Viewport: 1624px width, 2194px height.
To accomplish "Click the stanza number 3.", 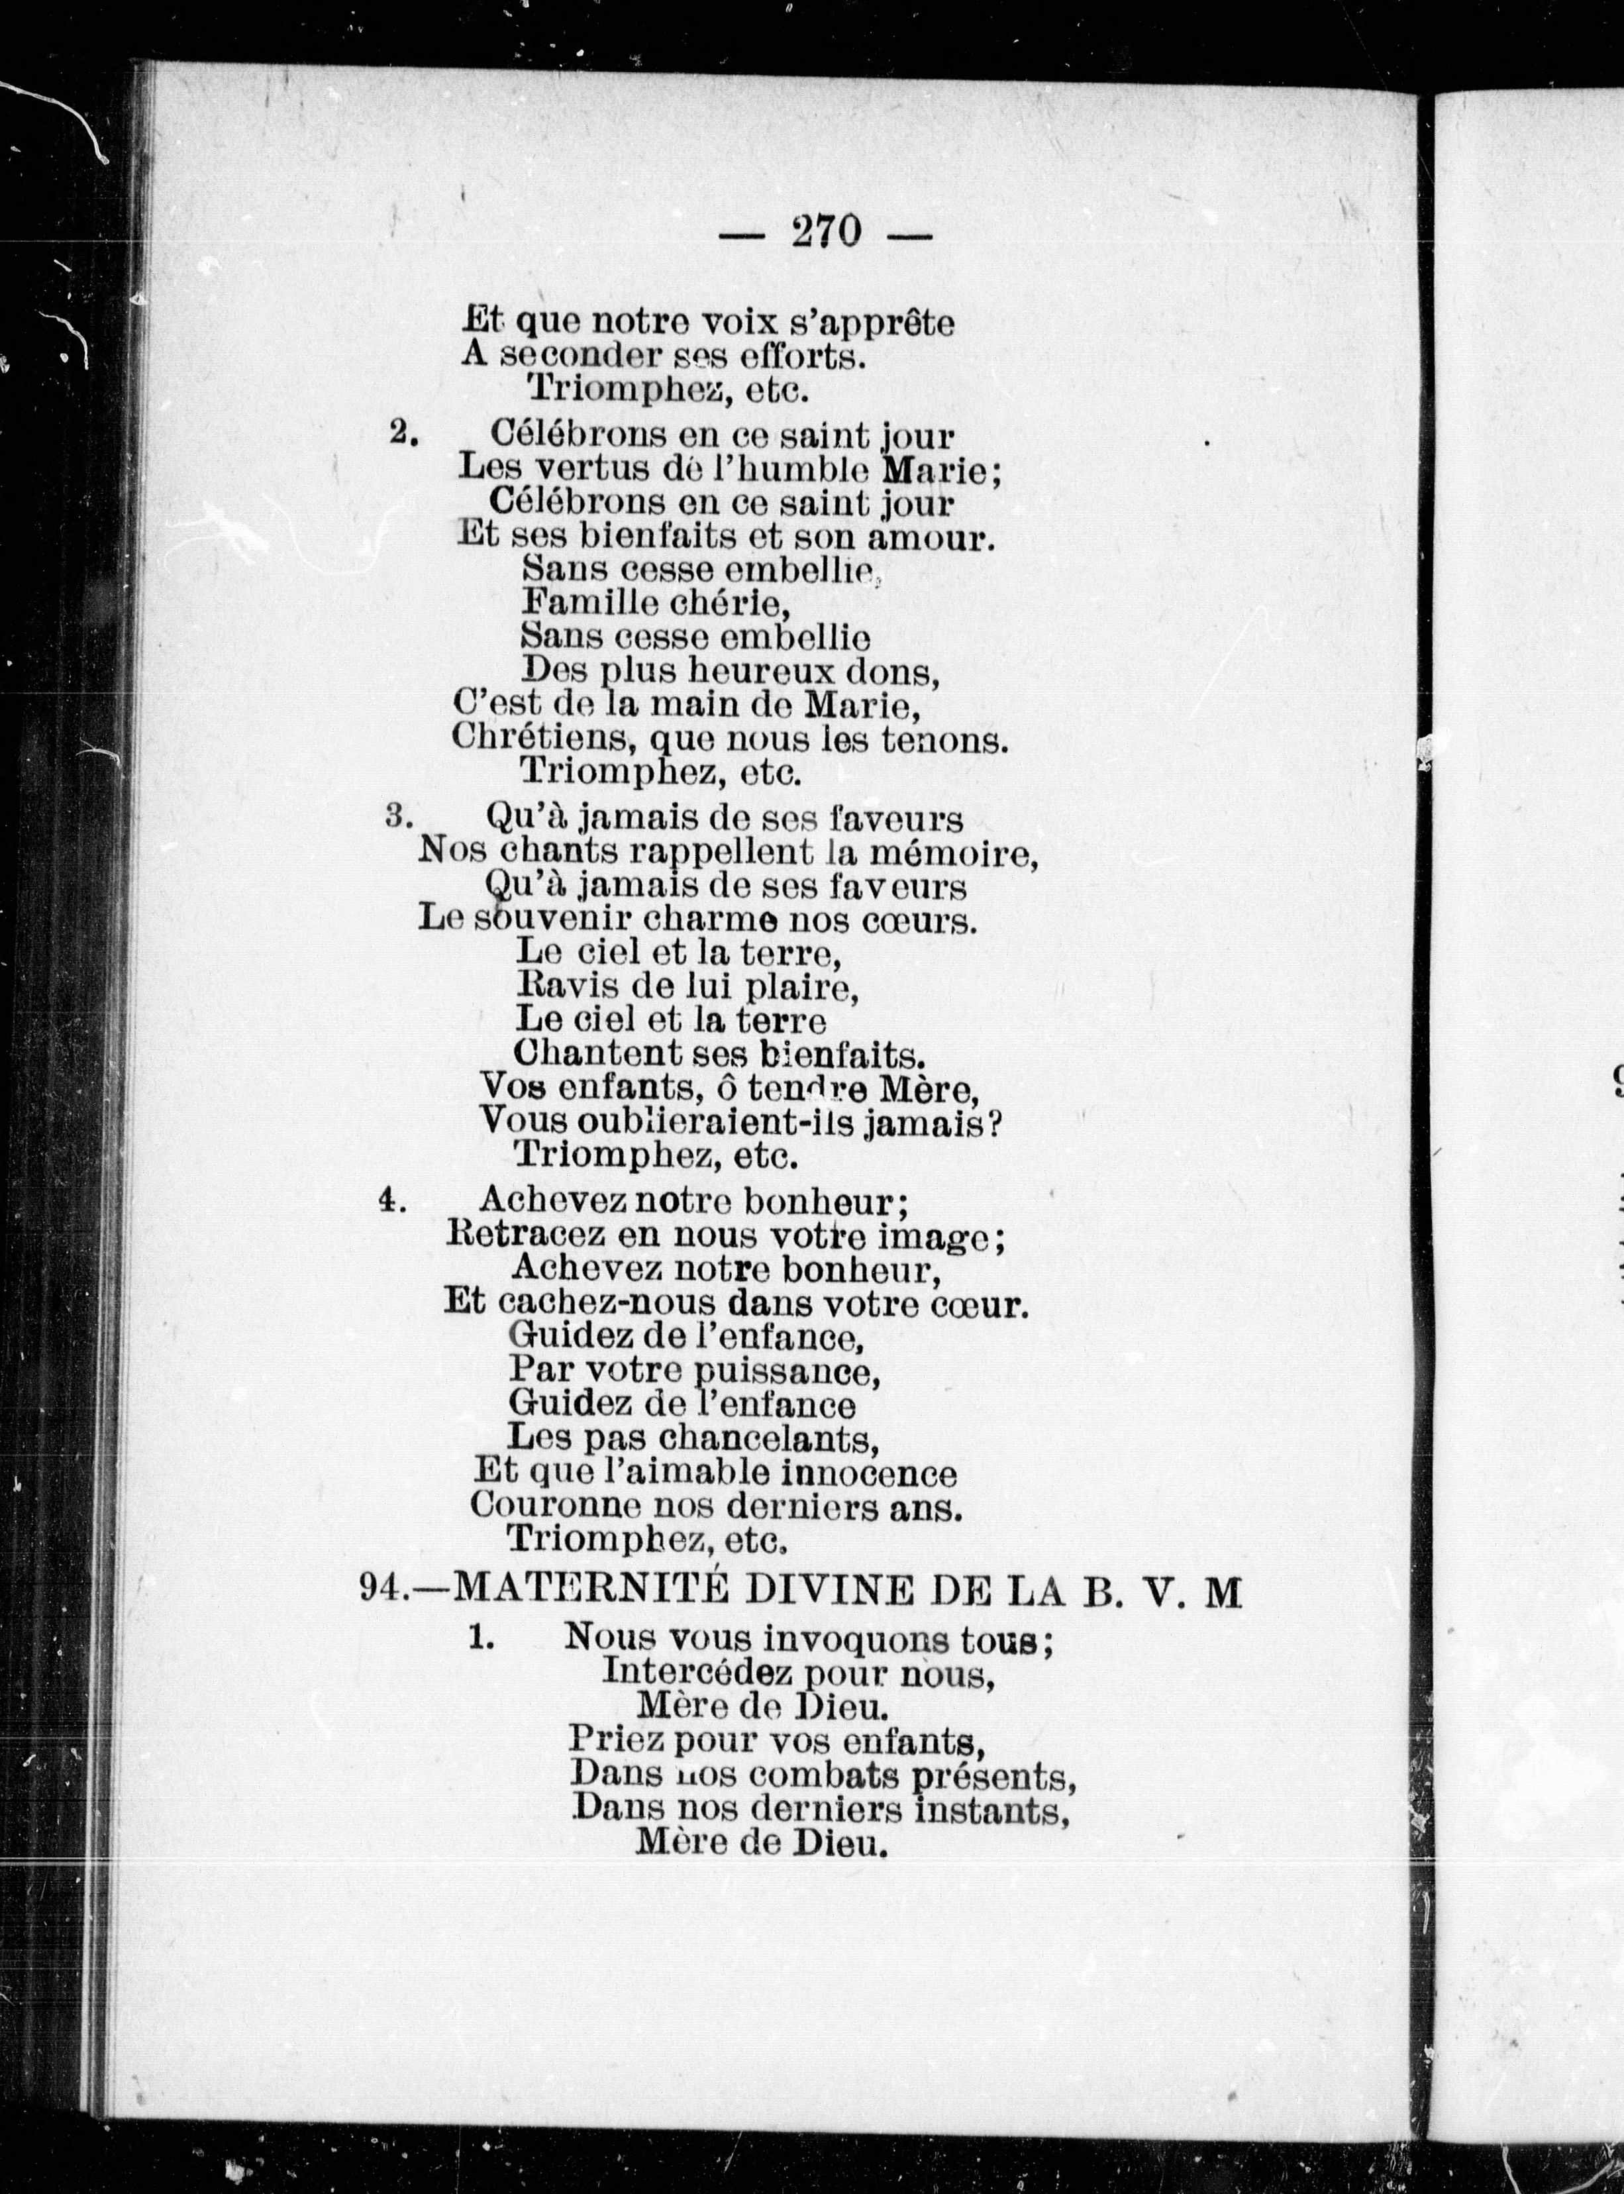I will [x=397, y=816].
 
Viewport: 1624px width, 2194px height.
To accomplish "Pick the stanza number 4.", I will [x=392, y=1201].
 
